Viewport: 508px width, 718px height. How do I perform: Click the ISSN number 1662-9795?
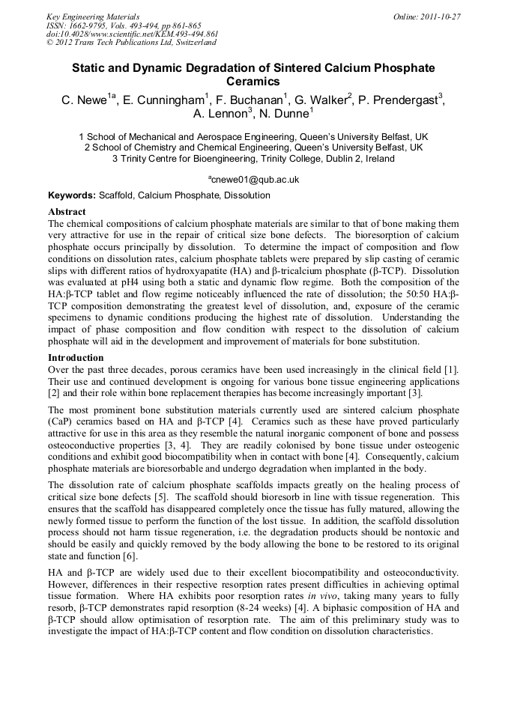point(87,25)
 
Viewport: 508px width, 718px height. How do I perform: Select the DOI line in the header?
point(132,34)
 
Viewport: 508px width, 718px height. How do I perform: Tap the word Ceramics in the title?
point(253,82)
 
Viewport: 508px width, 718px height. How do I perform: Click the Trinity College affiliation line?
point(253,159)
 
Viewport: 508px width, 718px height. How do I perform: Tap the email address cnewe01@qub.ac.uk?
point(255,180)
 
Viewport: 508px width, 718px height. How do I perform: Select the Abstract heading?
point(67,213)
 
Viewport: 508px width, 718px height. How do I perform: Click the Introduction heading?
point(76,358)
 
